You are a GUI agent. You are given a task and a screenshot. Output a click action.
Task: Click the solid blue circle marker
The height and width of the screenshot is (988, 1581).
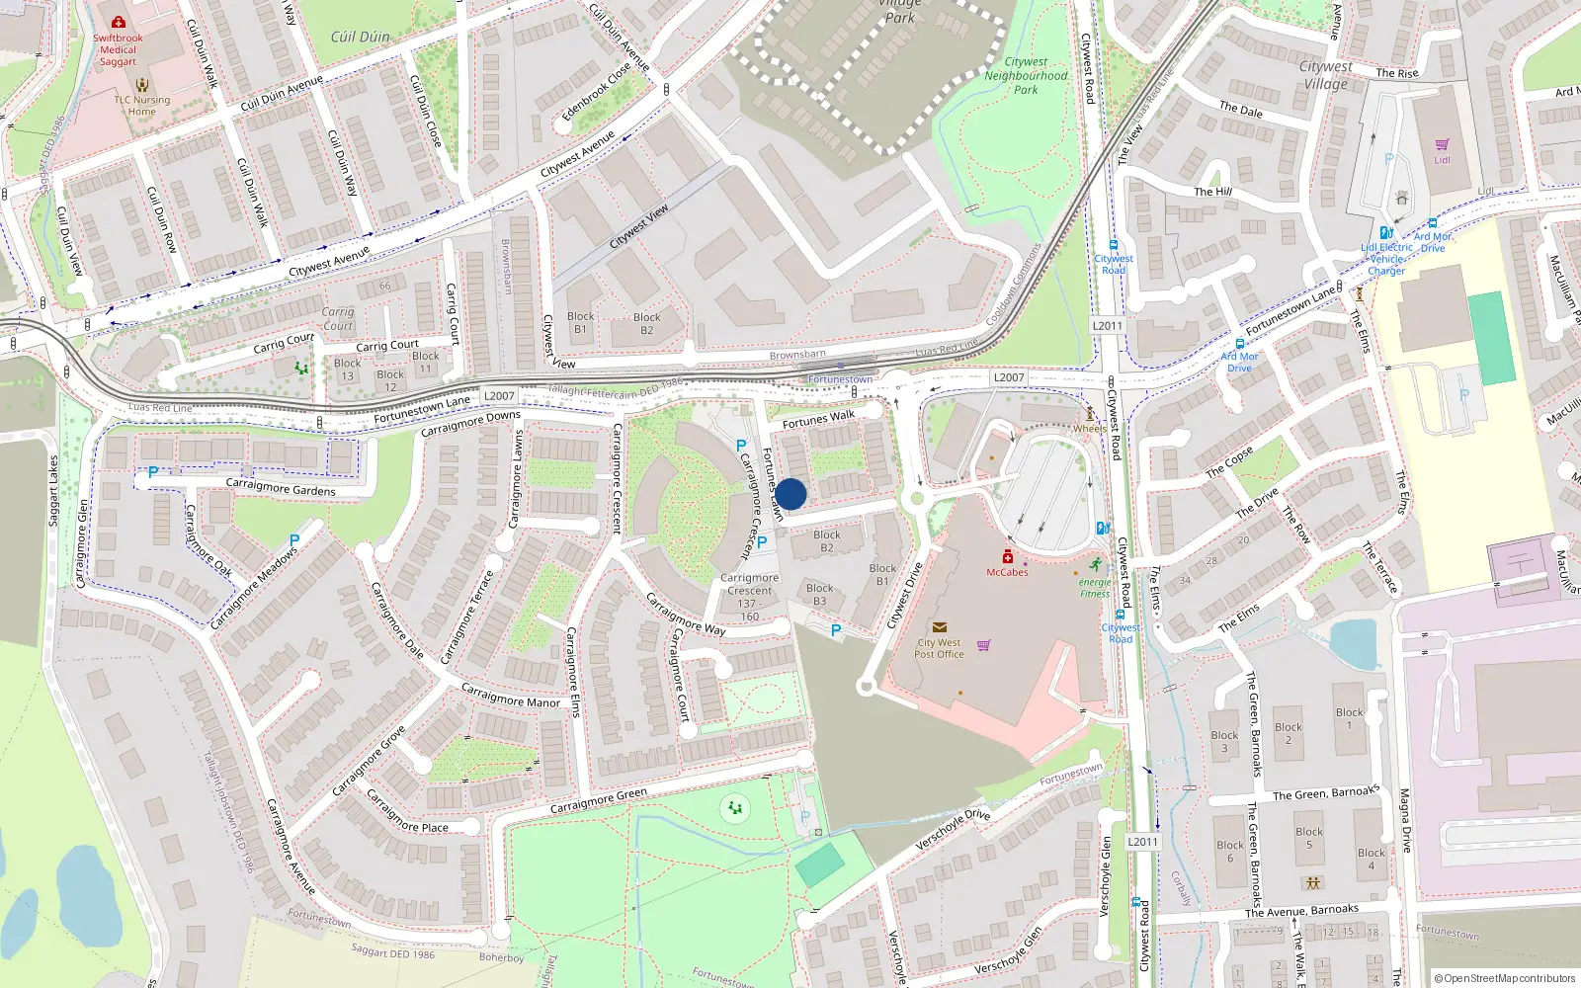tap(790, 494)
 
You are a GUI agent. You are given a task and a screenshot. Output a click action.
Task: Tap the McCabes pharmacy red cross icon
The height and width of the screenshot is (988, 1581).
tap(1008, 556)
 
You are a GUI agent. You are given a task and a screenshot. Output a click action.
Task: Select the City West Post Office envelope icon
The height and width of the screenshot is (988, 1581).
tap(940, 627)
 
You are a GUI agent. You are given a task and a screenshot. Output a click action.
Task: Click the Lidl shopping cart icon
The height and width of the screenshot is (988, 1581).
tap(1442, 144)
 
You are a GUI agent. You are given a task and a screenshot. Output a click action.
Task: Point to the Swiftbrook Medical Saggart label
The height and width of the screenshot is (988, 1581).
tap(118, 49)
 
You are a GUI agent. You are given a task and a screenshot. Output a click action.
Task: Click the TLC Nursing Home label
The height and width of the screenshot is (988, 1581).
tap(141, 106)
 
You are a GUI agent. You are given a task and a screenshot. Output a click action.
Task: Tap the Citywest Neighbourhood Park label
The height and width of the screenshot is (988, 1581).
tap(1026, 75)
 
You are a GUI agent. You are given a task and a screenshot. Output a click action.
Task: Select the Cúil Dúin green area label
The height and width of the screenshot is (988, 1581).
tap(360, 37)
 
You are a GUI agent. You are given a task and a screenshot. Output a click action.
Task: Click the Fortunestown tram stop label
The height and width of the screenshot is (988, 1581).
tap(840, 379)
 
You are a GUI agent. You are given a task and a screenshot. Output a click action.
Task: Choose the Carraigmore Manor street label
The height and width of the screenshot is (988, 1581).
tap(510, 696)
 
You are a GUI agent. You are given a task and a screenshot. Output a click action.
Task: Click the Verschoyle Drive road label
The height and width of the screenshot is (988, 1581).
tap(953, 828)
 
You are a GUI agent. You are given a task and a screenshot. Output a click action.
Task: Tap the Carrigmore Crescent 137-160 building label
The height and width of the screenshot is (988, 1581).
tap(749, 597)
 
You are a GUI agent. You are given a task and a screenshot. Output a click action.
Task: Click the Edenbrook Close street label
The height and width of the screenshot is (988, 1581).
tap(596, 93)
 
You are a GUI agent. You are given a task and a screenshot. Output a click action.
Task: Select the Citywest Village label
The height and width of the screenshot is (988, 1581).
tap(1325, 75)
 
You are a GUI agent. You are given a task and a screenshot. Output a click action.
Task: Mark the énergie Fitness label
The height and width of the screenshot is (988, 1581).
tap(1095, 588)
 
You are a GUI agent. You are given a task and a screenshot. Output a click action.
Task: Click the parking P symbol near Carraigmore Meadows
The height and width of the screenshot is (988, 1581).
tap(294, 540)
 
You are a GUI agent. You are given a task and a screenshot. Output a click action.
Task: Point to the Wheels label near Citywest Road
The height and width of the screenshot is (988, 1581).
tap(1090, 429)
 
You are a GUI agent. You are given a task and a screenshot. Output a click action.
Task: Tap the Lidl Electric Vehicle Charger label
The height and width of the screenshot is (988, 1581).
tap(1386, 259)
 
